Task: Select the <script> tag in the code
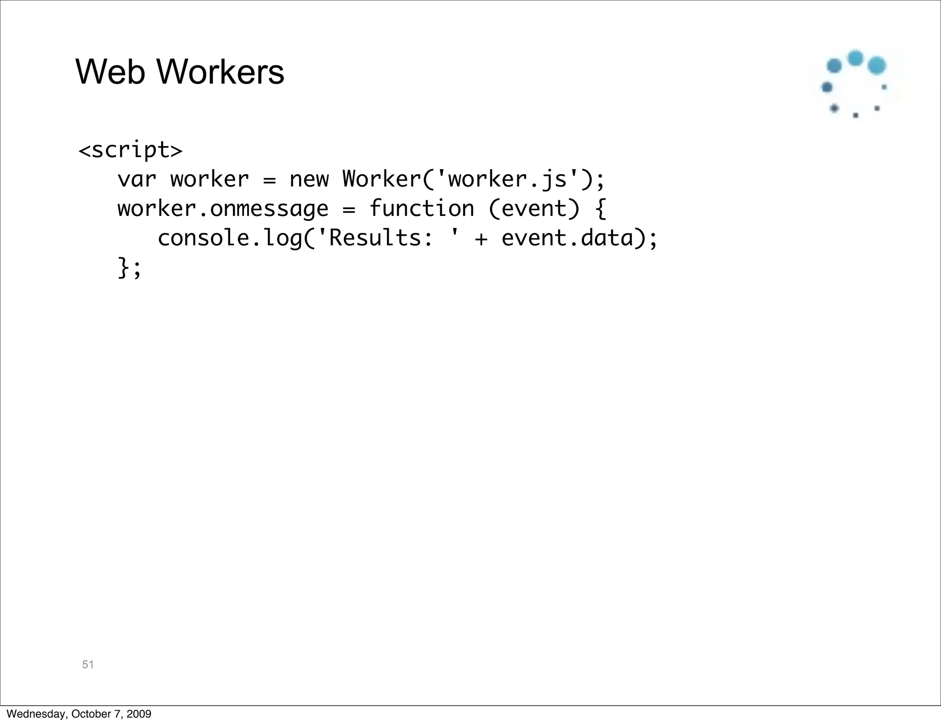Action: tap(130, 150)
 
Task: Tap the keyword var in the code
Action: tap(137, 179)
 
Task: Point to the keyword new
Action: tap(309, 179)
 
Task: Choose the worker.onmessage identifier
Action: tap(223, 209)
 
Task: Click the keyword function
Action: tap(421, 209)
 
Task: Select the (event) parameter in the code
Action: tap(534, 209)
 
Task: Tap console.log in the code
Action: tap(230, 238)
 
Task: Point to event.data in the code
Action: tap(567, 238)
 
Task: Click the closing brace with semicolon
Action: tap(130, 268)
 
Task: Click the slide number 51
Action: tap(88, 664)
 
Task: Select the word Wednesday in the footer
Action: tap(35, 714)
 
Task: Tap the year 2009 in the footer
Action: tap(139, 714)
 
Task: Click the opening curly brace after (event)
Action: tap(600, 209)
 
